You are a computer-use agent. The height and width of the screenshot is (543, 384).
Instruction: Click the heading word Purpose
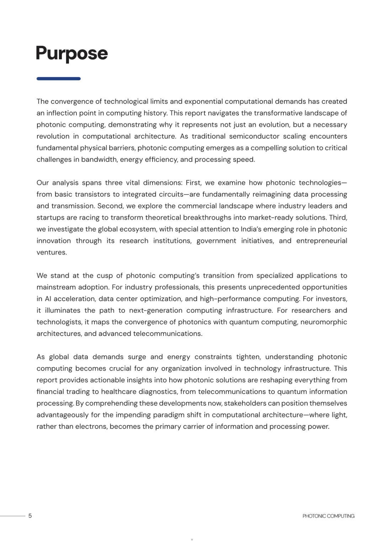point(71,53)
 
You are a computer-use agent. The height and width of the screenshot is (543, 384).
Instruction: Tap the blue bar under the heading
point(58,79)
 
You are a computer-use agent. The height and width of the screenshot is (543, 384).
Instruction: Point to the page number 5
point(30,516)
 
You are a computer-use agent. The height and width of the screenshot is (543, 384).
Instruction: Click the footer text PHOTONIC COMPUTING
point(328,516)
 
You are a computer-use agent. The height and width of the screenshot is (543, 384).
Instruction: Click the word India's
point(252,229)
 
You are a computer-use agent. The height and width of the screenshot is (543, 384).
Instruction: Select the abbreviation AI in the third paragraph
point(48,299)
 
